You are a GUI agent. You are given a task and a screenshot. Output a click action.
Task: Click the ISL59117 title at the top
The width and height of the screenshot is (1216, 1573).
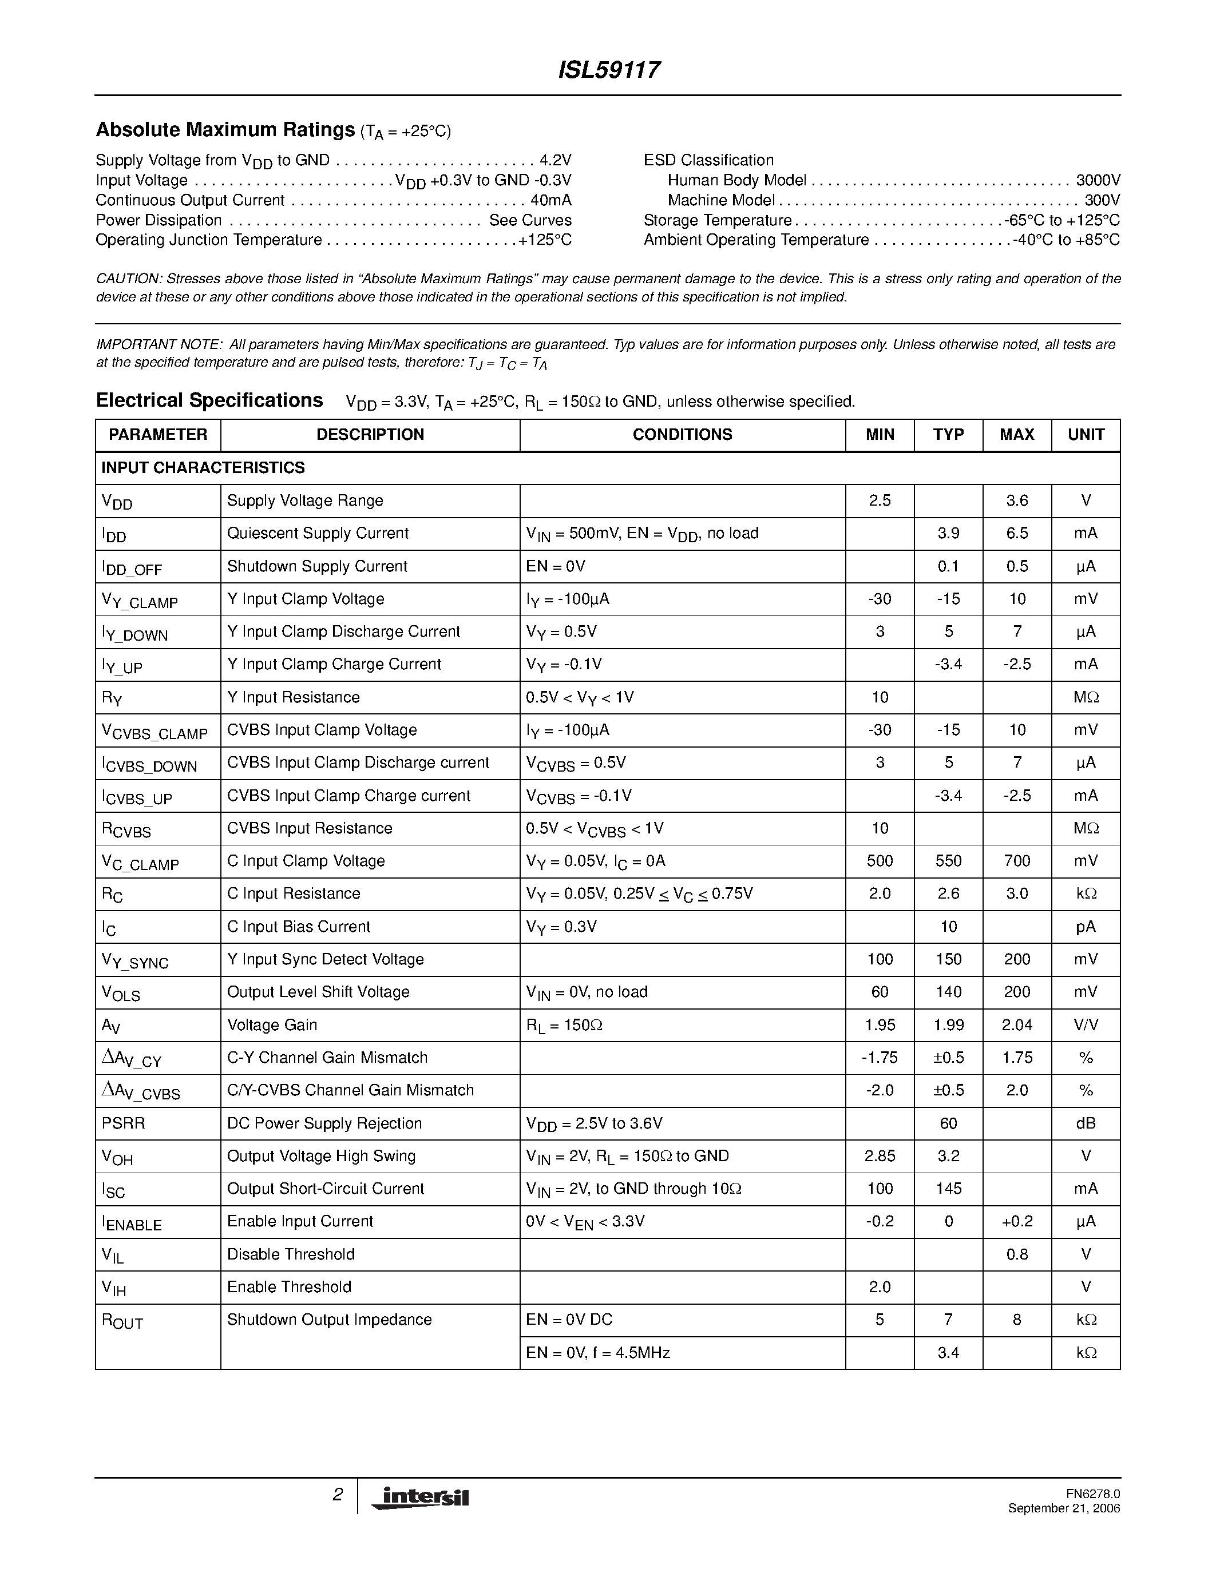click(609, 70)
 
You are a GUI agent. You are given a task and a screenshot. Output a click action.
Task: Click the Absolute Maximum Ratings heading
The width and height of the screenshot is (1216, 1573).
click(225, 130)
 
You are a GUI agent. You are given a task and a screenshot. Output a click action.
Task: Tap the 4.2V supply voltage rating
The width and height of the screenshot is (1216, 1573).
click(556, 160)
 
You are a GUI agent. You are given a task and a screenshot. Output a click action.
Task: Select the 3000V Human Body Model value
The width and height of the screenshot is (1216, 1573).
click(1098, 180)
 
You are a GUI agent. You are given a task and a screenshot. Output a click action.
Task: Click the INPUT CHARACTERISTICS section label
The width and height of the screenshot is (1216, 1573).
click(203, 468)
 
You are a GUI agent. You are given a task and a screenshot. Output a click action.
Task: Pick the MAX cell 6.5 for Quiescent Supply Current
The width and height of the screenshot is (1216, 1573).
click(1016, 534)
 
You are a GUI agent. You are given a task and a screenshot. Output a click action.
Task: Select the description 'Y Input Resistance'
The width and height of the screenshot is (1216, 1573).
click(293, 697)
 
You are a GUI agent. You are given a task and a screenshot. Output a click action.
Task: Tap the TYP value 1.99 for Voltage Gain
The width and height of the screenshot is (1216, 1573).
click(948, 1025)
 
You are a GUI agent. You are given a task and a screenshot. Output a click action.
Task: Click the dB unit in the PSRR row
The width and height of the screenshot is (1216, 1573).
click(1086, 1123)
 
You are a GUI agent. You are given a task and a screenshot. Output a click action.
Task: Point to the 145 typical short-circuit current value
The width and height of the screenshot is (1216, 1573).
click(948, 1189)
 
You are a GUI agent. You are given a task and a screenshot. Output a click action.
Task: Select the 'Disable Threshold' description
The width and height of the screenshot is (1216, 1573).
click(291, 1254)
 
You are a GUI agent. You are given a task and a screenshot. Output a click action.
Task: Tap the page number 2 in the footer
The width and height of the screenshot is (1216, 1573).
click(337, 1495)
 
